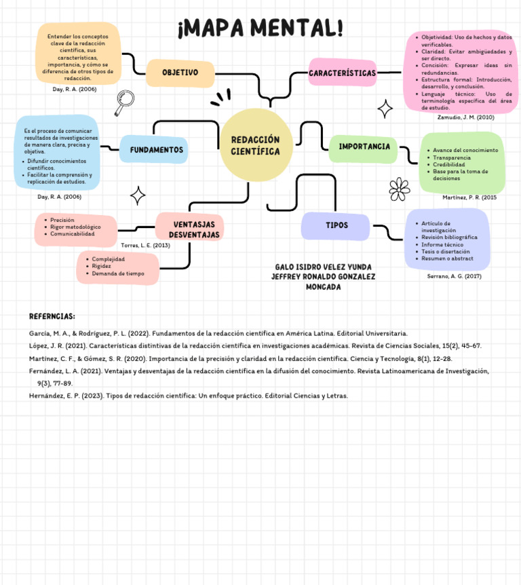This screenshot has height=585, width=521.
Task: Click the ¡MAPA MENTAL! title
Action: (260, 29)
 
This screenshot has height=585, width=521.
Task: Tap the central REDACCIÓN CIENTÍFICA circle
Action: (255, 145)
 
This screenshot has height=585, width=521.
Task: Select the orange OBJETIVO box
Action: (180, 73)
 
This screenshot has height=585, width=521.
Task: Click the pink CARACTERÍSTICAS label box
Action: (342, 73)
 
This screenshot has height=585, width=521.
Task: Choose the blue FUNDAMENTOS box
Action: (156, 149)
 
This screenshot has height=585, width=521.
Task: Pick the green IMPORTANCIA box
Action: (364, 147)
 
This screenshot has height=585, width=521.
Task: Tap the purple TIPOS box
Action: (336, 225)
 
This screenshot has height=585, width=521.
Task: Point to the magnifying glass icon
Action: (124, 102)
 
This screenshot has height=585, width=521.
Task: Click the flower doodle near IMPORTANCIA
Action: (400, 189)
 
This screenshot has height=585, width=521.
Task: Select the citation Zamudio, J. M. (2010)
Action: (465, 117)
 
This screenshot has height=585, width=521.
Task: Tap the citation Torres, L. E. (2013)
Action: (145, 245)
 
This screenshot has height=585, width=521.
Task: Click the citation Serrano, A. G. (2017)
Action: (454, 276)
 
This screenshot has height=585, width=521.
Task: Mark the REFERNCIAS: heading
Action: (52, 316)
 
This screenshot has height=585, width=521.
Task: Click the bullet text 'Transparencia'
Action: (451, 157)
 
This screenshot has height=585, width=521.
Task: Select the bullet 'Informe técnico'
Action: (442, 244)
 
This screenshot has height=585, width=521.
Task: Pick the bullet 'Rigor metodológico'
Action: (75, 227)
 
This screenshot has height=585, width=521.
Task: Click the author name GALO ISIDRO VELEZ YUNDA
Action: (323, 267)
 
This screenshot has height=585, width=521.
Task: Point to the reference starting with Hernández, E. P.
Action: (188, 395)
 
